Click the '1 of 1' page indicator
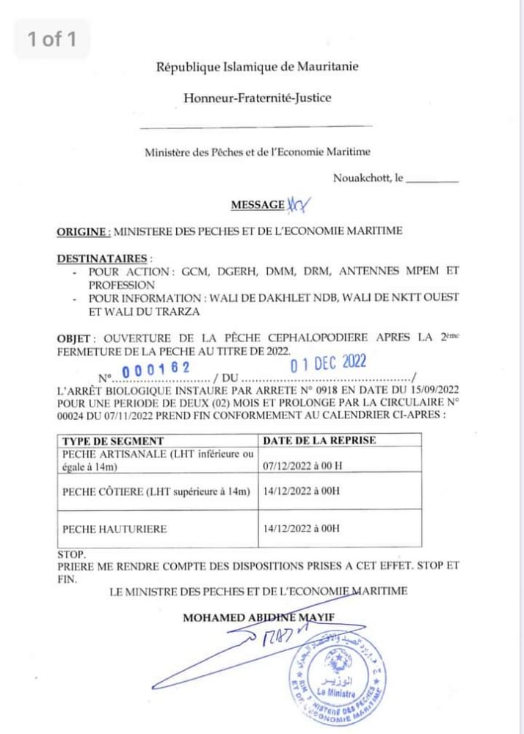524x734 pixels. (x=51, y=39)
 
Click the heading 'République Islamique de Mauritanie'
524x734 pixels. (x=256, y=68)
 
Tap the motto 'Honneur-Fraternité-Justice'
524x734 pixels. (x=257, y=97)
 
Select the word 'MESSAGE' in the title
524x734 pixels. (x=258, y=205)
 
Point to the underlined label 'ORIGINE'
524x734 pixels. (x=83, y=231)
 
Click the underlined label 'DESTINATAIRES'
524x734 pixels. (x=102, y=258)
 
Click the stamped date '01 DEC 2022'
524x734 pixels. (x=328, y=363)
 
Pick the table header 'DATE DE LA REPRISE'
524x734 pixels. (x=319, y=440)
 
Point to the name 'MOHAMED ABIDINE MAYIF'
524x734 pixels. (x=258, y=618)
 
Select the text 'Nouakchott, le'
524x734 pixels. (x=368, y=178)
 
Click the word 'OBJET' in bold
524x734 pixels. (x=74, y=339)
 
